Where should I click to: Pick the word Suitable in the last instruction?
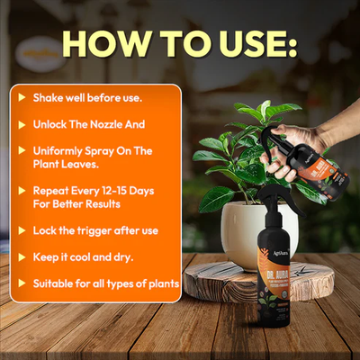tap(55, 283)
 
